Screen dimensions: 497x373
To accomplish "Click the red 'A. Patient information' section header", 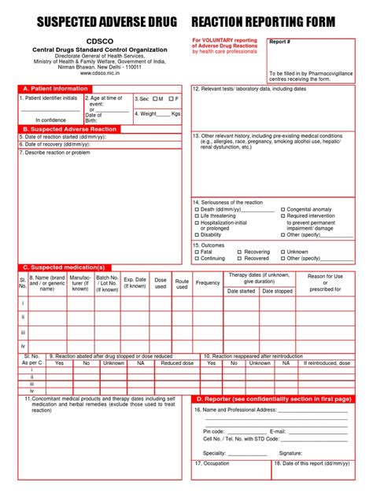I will tap(55, 89).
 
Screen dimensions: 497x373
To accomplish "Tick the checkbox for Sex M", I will tap(156, 99).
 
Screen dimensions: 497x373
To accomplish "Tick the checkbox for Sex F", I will tap(171, 99).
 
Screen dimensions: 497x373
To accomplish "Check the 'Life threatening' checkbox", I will tap(198, 216).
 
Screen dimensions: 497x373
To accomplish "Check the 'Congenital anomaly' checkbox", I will tap(283, 210).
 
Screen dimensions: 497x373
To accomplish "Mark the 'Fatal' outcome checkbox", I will tap(198, 252).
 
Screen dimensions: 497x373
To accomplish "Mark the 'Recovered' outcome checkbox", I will tap(240, 258).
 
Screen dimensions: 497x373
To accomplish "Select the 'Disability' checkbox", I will tap(198, 234).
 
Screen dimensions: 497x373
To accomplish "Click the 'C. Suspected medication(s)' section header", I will tap(63, 267).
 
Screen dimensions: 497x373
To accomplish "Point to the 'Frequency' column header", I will tap(208, 282).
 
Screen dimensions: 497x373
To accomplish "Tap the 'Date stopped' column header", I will tap(277, 291).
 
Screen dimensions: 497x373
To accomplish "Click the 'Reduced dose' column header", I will tap(177, 363).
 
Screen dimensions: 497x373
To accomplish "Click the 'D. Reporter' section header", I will tap(272, 399).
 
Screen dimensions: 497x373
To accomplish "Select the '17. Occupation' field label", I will tap(212, 464).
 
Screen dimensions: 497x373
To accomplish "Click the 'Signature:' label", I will tap(290, 453).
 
